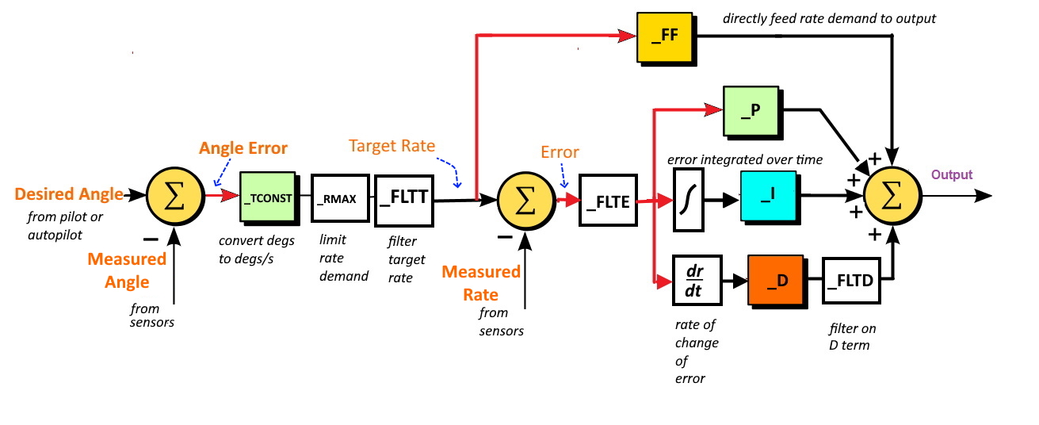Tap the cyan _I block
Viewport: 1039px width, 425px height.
(x=767, y=196)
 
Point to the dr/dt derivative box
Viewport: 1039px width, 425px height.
(x=697, y=280)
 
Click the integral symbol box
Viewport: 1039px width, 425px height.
(x=688, y=201)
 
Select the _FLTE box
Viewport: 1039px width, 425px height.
(x=608, y=201)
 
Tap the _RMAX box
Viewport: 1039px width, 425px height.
(x=340, y=197)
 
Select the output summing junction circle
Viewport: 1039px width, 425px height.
(x=892, y=196)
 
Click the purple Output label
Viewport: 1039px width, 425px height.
(x=951, y=174)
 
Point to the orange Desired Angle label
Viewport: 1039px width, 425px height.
(x=69, y=193)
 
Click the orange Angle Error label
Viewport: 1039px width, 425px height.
(x=243, y=148)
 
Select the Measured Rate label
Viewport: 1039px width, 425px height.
(x=481, y=283)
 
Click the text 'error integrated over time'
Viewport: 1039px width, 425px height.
(x=744, y=159)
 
